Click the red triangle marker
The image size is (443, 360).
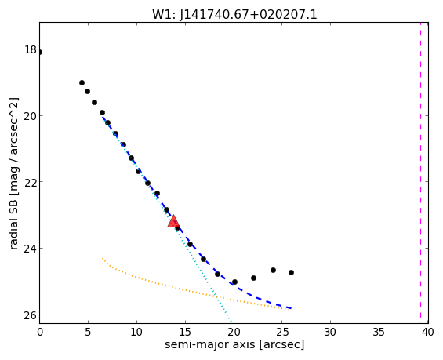(x=173, y=221)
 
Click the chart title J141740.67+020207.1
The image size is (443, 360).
(x=248, y=15)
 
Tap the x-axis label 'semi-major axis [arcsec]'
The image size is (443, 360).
(x=234, y=345)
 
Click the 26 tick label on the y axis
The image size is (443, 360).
(x=31, y=315)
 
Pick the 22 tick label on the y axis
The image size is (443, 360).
(x=31, y=182)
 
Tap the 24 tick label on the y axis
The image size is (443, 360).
(x=31, y=249)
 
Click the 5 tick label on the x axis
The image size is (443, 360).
(x=88, y=332)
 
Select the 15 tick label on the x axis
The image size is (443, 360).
(x=185, y=332)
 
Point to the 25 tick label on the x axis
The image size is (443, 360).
(x=282, y=332)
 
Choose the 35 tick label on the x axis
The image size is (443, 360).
(x=379, y=332)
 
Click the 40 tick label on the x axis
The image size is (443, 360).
(x=427, y=332)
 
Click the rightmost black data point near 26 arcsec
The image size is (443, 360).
(x=292, y=273)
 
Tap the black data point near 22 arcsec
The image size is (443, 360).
(x=254, y=278)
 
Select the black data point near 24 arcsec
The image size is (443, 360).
(x=273, y=271)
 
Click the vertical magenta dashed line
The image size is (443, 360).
(x=421, y=173)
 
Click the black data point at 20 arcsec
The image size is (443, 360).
(x=234, y=282)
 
